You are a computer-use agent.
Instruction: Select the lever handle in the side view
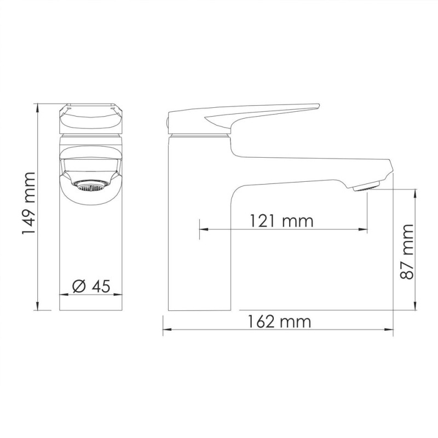click(x=241, y=115)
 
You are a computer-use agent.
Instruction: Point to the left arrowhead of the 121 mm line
click(x=202, y=230)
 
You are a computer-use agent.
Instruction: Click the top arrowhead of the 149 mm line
click(x=37, y=105)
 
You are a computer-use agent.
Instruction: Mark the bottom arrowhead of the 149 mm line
click(x=37, y=307)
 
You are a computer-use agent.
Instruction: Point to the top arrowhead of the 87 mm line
click(x=417, y=192)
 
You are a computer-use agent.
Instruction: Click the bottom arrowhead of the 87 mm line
click(x=417, y=307)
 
